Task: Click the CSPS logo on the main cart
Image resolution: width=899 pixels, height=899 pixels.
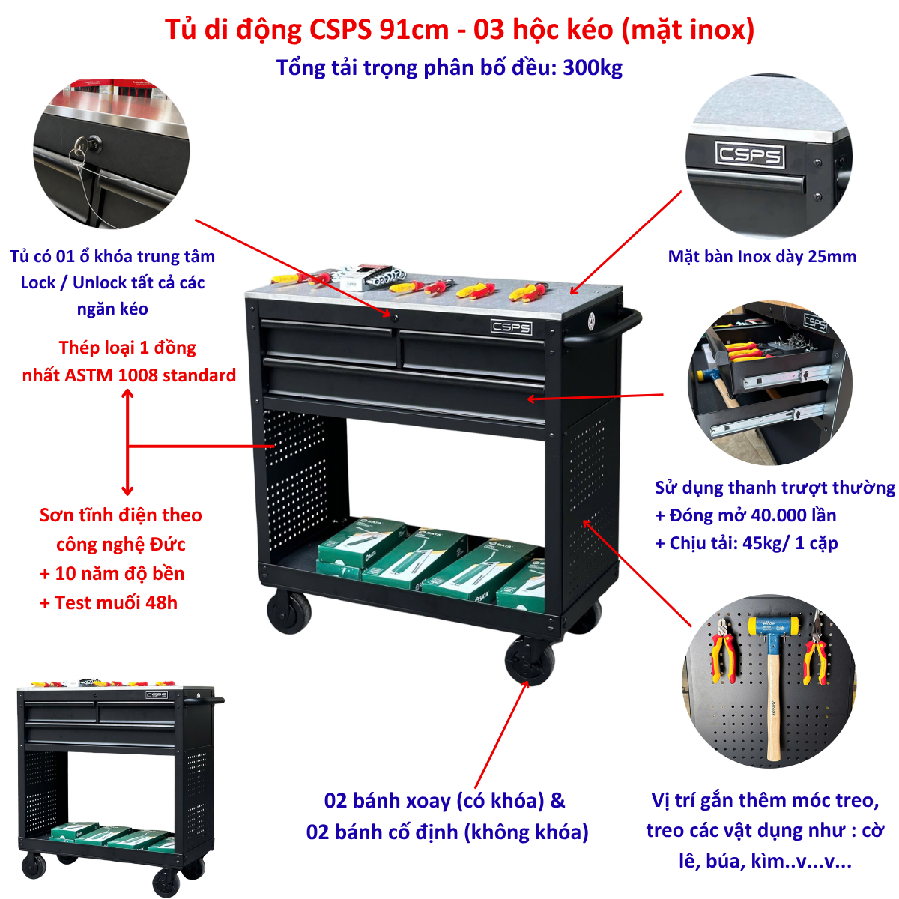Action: click(512, 327)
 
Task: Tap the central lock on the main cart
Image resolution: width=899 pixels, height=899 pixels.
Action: click(395, 318)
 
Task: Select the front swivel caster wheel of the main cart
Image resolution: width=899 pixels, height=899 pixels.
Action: click(530, 660)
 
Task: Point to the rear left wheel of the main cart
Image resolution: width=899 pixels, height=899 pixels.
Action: click(289, 611)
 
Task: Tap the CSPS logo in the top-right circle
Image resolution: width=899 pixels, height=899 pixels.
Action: click(749, 154)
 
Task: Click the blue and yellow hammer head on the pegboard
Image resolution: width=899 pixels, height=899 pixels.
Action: click(773, 626)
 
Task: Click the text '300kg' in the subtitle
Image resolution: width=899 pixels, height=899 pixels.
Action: click(593, 68)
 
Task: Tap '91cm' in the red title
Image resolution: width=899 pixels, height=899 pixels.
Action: click(414, 30)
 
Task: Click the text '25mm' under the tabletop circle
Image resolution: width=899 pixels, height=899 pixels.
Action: click(829, 257)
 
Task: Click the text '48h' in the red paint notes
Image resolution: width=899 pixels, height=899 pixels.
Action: click(161, 603)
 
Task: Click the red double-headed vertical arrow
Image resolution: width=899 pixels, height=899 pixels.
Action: click(127, 442)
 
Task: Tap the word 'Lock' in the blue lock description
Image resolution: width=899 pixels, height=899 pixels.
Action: click(37, 282)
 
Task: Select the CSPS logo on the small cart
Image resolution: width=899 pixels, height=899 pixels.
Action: click(157, 695)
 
